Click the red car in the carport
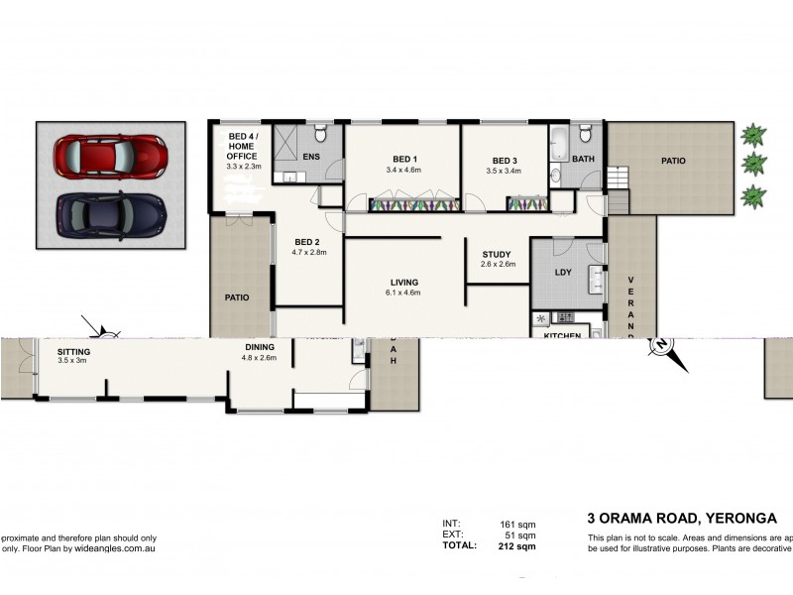[110, 156]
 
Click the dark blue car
[110, 211]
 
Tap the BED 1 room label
[404, 161]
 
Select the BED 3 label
[505, 161]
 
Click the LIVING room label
[403, 282]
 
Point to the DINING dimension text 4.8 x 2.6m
[259, 357]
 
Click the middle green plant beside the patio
[755, 162]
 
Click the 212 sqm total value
[517, 545]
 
